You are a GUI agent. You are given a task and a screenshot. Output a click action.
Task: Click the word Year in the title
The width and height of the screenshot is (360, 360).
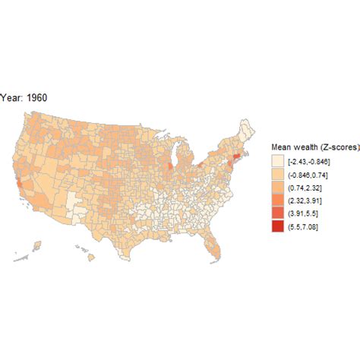pyautogui.click(x=10, y=97)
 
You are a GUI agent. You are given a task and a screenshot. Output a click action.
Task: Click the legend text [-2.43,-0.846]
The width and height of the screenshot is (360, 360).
pyautogui.click(x=311, y=162)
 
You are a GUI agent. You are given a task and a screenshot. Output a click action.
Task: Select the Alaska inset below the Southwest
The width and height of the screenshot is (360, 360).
pyautogui.click(x=34, y=248)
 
